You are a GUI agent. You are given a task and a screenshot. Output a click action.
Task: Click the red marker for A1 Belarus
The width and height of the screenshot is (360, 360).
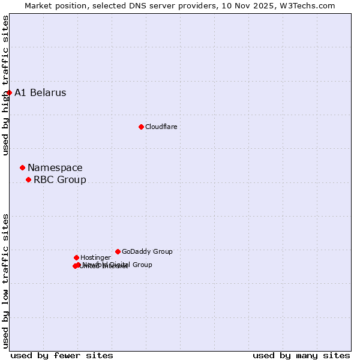[x=9, y=92]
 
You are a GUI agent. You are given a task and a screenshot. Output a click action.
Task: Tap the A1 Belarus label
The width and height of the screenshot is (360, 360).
[x=40, y=92]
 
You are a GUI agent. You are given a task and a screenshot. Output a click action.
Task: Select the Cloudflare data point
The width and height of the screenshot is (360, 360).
[x=141, y=127]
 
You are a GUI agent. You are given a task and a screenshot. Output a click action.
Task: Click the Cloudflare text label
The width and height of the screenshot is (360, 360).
[x=161, y=127]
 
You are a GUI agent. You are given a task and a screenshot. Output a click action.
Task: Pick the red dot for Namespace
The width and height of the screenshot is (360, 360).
[x=22, y=167]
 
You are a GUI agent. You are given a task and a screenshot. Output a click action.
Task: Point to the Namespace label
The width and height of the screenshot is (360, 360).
[x=55, y=167]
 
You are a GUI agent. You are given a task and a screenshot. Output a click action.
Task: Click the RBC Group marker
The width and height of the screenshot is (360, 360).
[x=28, y=179]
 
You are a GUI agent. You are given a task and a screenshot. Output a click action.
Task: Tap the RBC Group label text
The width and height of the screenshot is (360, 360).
[x=59, y=179]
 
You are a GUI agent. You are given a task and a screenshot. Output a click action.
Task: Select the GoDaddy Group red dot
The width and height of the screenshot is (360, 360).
[x=118, y=251]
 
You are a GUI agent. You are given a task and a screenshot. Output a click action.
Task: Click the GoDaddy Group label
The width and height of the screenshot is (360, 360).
[x=147, y=251]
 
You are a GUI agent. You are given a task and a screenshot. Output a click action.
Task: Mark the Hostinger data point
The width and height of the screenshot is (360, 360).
[x=76, y=257]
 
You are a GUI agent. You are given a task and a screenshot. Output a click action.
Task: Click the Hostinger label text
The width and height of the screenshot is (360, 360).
[x=95, y=257]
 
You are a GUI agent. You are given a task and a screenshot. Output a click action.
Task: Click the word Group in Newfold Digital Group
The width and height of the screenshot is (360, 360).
[x=142, y=264]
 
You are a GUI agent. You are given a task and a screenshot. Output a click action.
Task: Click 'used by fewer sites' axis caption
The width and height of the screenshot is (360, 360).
[x=62, y=355]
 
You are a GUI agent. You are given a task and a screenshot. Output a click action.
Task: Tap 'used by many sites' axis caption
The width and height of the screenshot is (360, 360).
[x=301, y=355]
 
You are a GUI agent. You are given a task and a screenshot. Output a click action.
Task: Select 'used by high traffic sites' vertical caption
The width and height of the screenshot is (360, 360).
[x=5, y=85]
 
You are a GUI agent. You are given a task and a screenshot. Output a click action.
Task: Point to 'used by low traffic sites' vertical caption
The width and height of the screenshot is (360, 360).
[x=5, y=281]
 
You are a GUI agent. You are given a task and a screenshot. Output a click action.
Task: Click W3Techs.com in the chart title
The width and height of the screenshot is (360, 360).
[x=311, y=5]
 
